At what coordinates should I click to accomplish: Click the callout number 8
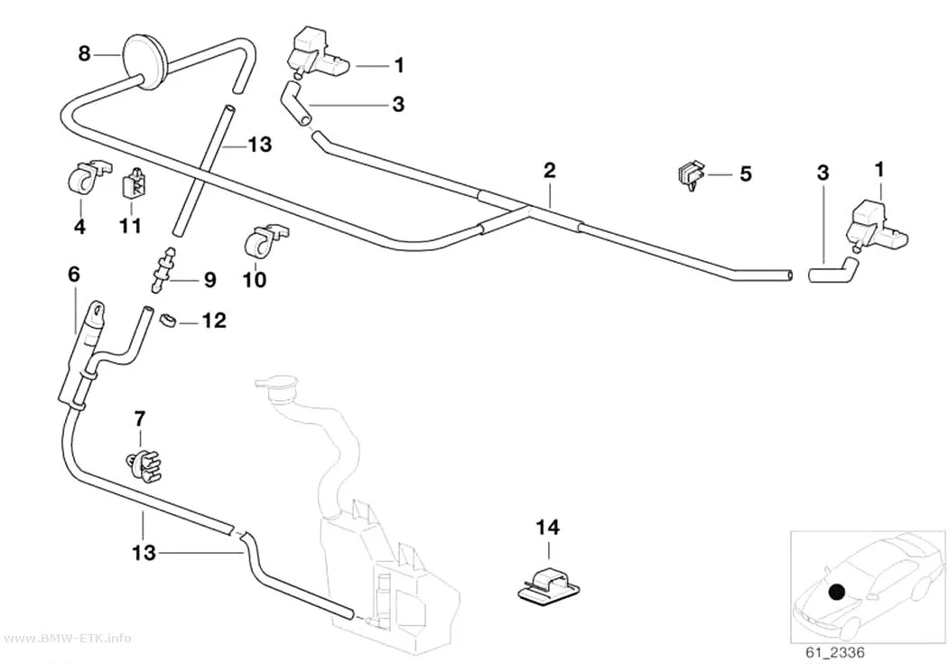tap(84, 54)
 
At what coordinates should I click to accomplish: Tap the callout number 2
tap(549, 170)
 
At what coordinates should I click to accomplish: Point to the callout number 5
tap(746, 174)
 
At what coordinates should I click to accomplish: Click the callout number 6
tap(74, 275)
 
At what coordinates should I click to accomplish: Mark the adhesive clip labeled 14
tap(548, 585)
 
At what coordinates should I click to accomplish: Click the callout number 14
tap(548, 528)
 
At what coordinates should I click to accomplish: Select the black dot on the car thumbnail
tap(837, 592)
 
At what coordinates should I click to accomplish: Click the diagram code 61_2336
tap(835, 652)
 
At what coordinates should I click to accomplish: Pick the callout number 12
tap(213, 320)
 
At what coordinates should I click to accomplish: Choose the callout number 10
tap(254, 280)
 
